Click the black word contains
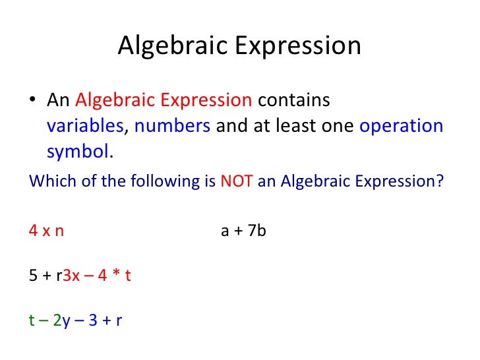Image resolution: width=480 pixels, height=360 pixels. click(x=293, y=101)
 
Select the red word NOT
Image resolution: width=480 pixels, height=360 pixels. click(x=236, y=181)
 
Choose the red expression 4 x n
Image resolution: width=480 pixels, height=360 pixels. click(x=46, y=231)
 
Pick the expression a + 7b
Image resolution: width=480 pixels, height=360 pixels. click(x=243, y=231)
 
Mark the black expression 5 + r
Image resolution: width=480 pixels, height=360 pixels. click(x=45, y=276)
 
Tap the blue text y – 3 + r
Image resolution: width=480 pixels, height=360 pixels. click(x=93, y=320)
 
